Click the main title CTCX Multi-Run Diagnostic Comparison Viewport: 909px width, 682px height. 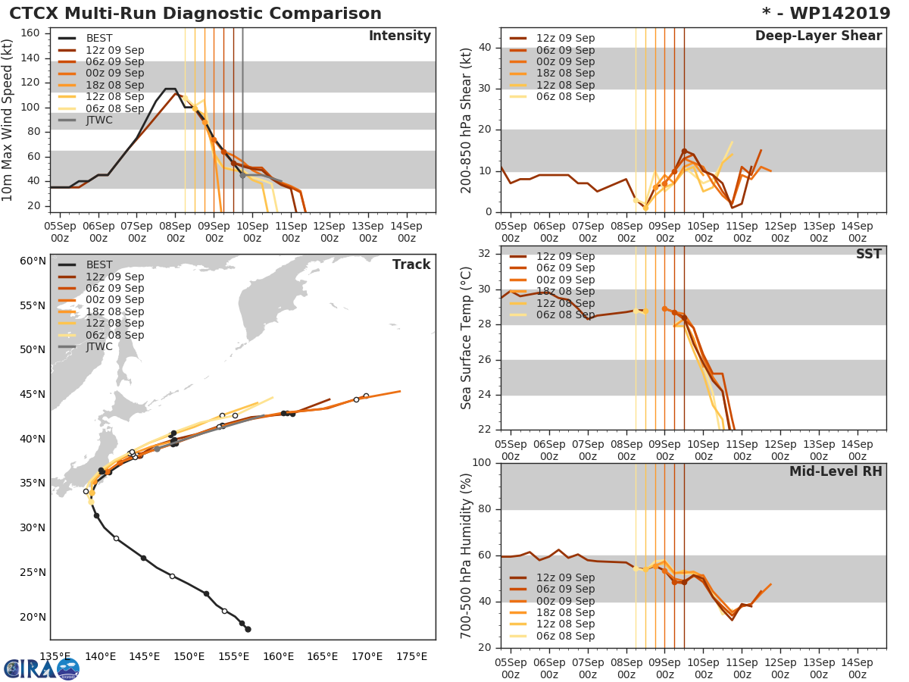click(x=195, y=14)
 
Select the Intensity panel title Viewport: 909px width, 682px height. click(x=399, y=36)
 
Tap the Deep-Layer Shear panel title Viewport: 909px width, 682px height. click(x=818, y=36)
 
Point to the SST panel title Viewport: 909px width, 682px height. click(x=868, y=255)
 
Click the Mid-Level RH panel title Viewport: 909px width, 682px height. click(x=836, y=471)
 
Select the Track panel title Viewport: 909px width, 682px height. click(x=411, y=264)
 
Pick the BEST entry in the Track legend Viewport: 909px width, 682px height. click(x=99, y=265)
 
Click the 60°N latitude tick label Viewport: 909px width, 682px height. click(x=33, y=261)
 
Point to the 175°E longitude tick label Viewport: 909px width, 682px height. click(x=412, y=656)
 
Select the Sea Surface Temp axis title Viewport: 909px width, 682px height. click(x=467, y=337)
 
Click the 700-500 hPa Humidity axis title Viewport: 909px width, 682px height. click(x=467, y=555)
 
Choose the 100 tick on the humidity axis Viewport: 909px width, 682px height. click(x=482, y=463)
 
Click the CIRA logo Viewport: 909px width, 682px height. click(x=42, y=668)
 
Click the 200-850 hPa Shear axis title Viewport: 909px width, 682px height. click(x=467, y=120)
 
